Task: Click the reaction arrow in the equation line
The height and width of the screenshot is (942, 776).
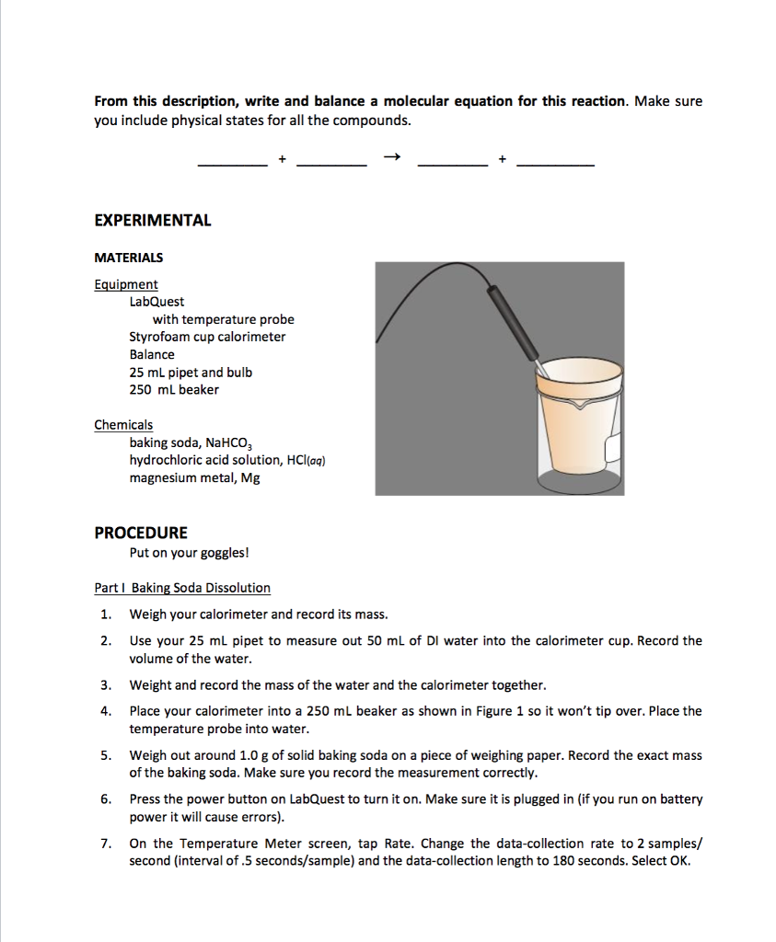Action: [x=392, y=157]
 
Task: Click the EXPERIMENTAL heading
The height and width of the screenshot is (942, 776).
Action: [x=153, y=221]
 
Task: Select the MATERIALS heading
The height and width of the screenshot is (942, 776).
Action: [x=129, y=258]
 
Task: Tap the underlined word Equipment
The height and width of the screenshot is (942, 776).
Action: [x=126, y=284]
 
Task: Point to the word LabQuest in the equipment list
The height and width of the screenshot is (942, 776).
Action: [x=156, y=302]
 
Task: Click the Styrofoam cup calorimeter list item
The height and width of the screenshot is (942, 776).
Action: [x=207, y=337]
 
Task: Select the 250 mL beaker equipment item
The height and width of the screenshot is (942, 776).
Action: [x=174, y=389]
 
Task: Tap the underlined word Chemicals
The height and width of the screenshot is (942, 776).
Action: [x=123, y=425]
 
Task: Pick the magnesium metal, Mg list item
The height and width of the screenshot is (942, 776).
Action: [x=194, y=477]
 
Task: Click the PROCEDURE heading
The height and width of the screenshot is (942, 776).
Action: [x=141, y=533]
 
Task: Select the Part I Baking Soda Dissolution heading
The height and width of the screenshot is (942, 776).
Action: [x=182, y=588]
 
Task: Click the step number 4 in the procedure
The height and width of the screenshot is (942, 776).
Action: [x=107, y=711]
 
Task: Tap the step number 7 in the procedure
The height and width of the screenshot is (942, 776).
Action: [x=107, y=844]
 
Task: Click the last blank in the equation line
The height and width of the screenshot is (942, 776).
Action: [x=555, y=163]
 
